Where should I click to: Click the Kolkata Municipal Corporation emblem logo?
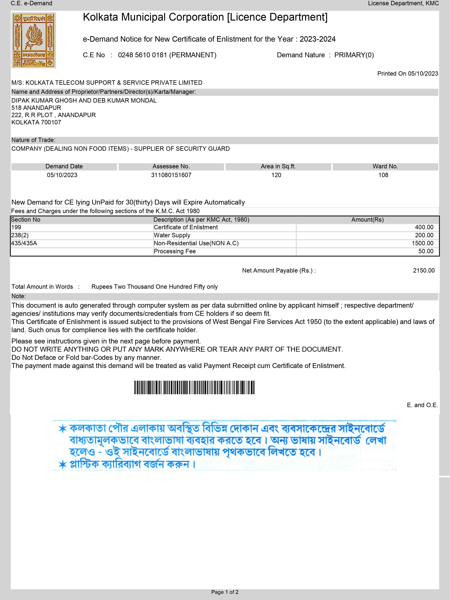pyautogui.click(x=34, y=40)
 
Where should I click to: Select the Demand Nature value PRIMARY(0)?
pyautogui.click(x=354, y=55)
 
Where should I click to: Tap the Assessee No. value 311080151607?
pyautogui.click(x=171, y=175)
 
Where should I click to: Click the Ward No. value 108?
pyautogui.click(x=383, y=175)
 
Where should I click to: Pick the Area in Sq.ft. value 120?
pyautogui.click(x=276, y=175)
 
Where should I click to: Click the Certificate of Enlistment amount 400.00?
pyautogui.click(x=424, y=227)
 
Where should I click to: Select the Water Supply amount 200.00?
pyautogui.click(x=424, y=235)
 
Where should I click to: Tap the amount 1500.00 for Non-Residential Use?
pyautogui.click(x=422, y=243)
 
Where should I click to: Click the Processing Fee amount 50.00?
pyautogui.click(x=426, y=251)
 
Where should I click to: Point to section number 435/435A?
pyautogui.click(x=24, y=243)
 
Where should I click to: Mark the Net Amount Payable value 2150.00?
pyautogui.click(x=424, y=270)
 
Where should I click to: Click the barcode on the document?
pyautogui.click(x=194, y=387)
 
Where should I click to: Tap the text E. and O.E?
pyautogui.click(x=422, y=405)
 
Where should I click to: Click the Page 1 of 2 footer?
pyautogui.click(x=225, y=592)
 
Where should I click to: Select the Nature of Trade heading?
pyautogui.click(x=33, y=140)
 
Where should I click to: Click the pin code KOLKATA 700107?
pyautogui.click(x=36, y=122)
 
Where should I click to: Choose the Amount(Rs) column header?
pyautogui.click(x=367, y=220)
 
